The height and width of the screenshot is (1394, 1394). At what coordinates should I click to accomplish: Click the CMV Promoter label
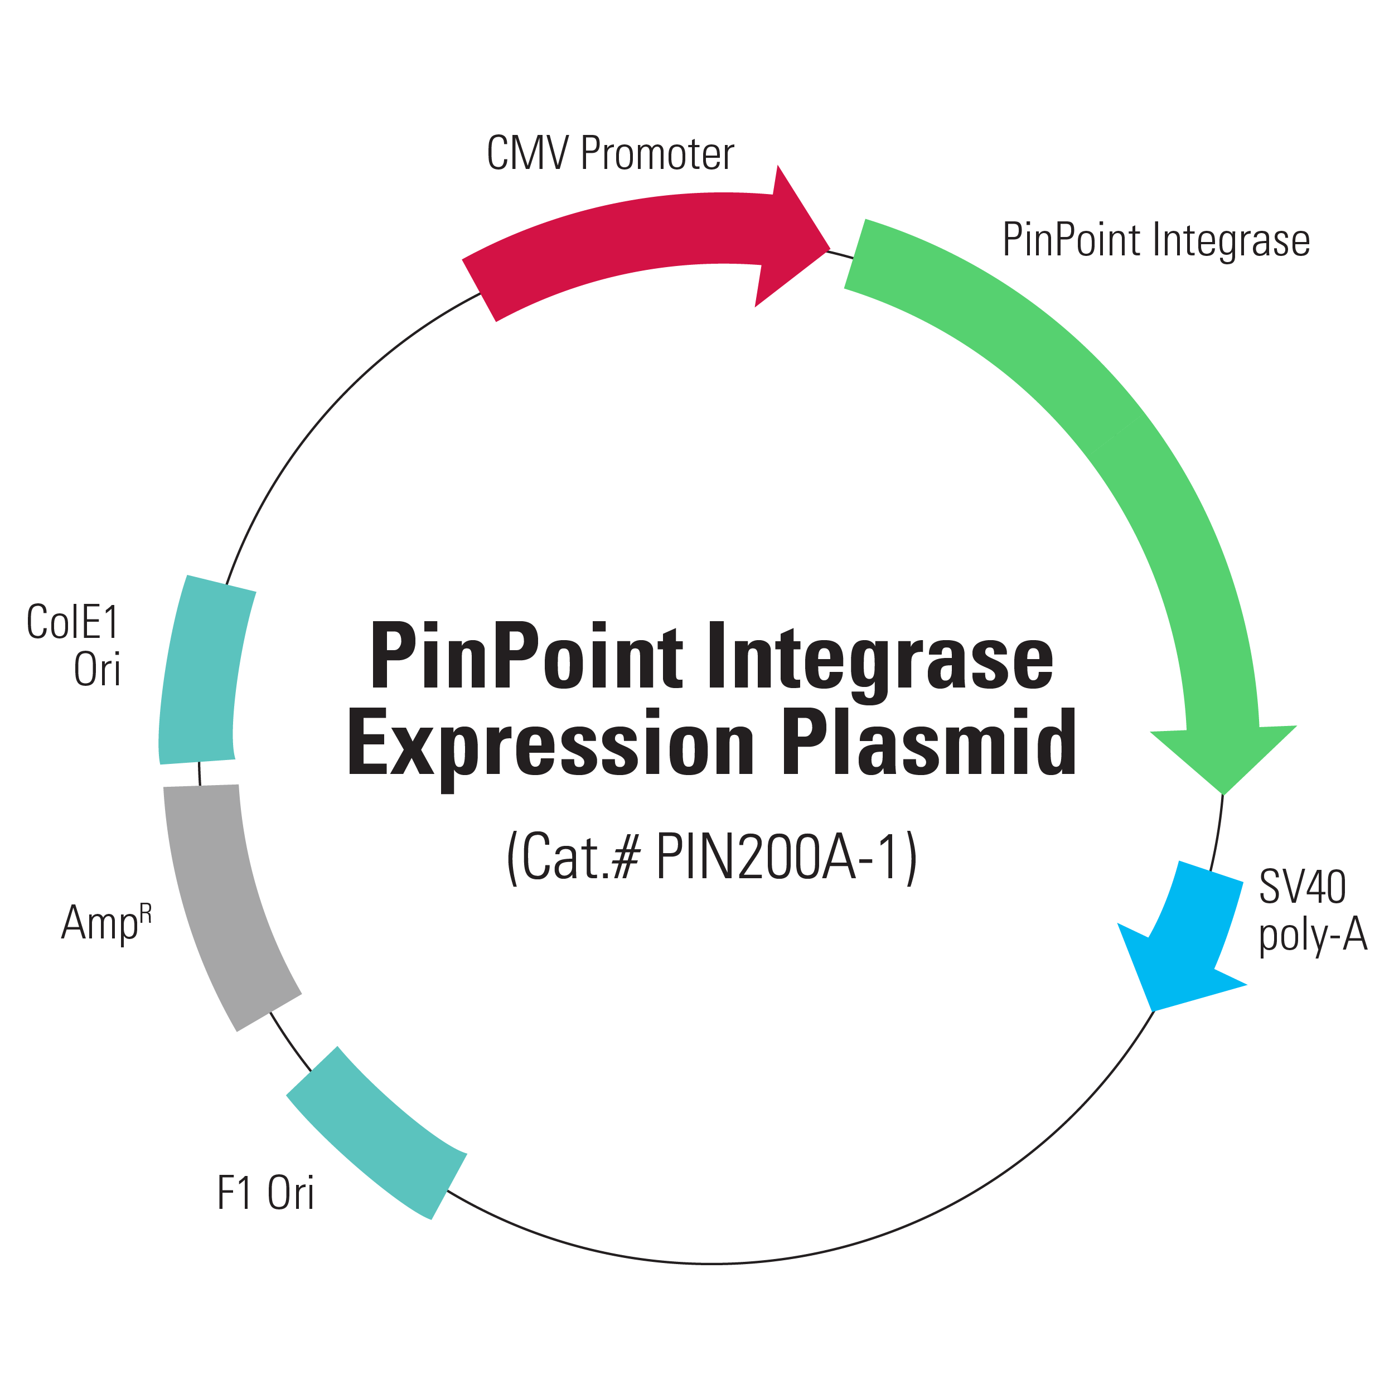(611, 154)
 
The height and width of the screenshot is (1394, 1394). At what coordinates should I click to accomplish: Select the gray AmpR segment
(224, 902)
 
